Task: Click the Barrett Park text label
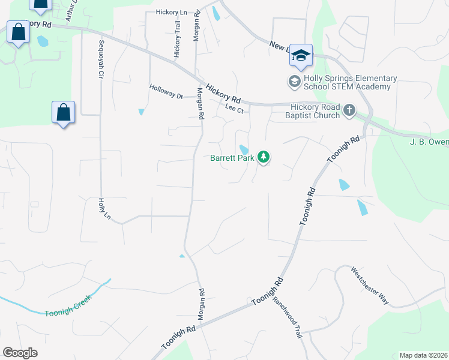click(232, 158)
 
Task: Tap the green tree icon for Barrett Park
click(263, 158)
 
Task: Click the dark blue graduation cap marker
click(300, 55)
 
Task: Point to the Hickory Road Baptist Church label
click(312, 111)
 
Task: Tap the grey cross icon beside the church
click(349, 110)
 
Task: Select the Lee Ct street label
click(234, 109)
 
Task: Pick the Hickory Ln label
click(171, 12)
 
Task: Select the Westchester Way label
click(370, 286)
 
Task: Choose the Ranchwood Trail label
click(285, 318)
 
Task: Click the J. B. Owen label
click(429, 142)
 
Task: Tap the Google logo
click(20, 353)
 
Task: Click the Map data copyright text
click(423, 355)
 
